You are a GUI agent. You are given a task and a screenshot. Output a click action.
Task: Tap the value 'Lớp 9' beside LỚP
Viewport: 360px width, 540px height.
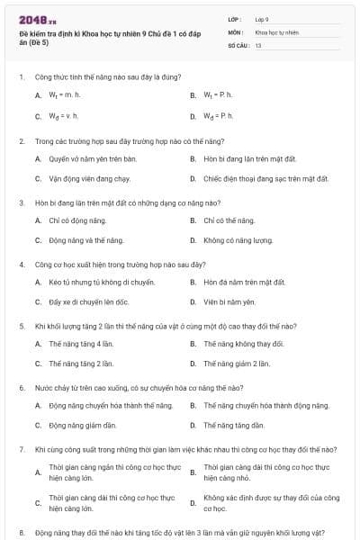(262, 18)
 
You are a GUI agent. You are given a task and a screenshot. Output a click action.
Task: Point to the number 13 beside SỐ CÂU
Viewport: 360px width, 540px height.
(258, 45)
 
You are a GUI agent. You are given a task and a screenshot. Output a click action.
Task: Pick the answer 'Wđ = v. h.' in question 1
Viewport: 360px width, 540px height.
(64, 116)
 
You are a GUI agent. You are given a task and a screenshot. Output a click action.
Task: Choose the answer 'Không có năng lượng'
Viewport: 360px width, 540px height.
(238, 240)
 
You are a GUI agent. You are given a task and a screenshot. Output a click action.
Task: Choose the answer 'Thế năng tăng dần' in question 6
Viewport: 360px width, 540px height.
(234, 425)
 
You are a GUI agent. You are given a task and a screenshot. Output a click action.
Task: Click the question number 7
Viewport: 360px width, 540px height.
(21, 448)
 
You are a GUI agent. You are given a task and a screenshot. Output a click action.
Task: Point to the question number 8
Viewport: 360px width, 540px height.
(21, 532)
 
